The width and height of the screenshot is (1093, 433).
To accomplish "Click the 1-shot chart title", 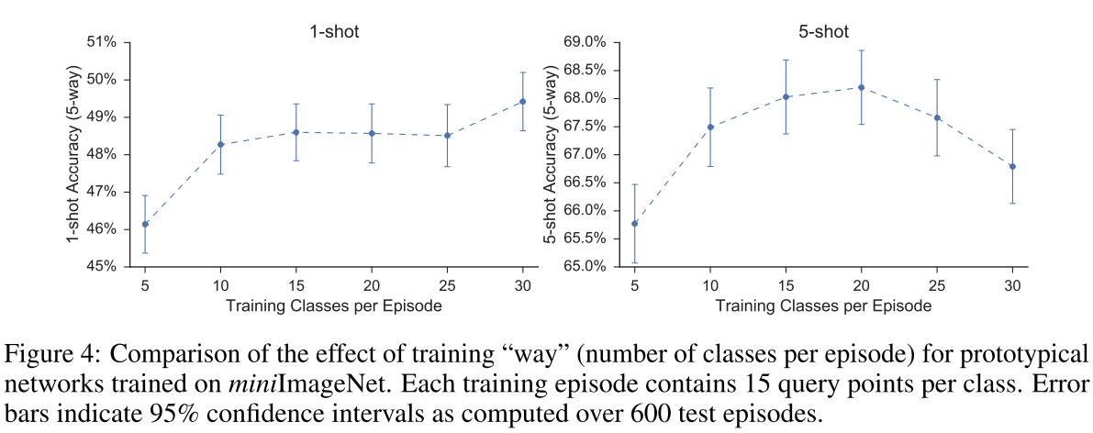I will pyautogui.click(x=333, y=31).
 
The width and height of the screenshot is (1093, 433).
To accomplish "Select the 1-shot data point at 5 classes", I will pyautogui.click(x=145, y=224).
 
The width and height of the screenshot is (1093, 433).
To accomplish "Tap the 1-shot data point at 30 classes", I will pyautogui.click(x=523, y=101).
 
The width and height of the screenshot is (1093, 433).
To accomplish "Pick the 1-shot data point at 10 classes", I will pyautogui.click(x=221, y=144).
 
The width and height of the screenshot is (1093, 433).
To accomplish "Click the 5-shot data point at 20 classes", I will pyautogui.click(x=861, y=87).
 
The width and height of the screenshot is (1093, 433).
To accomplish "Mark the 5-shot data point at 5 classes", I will pyautogui.click(x=634, y=223).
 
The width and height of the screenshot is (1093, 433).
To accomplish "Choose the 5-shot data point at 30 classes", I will pyautogui.click(x=1012, y=166).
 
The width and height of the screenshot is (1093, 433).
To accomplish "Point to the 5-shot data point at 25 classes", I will pyautogui.click(x=937, y=117).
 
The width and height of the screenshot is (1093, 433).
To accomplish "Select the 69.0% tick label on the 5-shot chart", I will pyautogui.click(x=586, y=42).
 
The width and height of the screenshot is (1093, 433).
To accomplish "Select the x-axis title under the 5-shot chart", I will pyautogui.click(x=822, y=305).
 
